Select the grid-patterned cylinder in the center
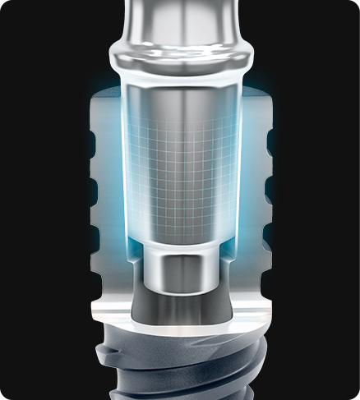point(179,164)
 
